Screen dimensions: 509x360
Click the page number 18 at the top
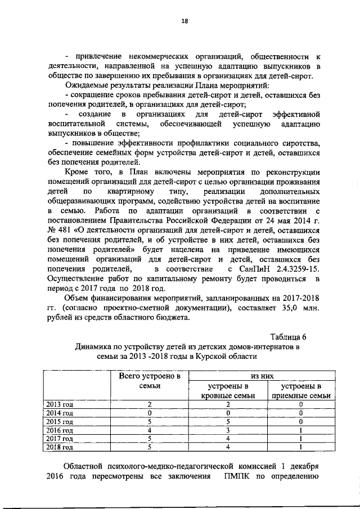coord(184,21)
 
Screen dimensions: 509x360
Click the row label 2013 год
coord(60,404)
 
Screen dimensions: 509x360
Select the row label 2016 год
coord(60,430)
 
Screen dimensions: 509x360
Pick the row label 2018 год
coord(60,448)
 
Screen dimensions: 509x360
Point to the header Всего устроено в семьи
coord(149,380)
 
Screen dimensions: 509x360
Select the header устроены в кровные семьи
coord(228,391)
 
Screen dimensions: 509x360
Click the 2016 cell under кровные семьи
coord(228,430)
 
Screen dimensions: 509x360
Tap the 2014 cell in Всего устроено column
coord(149,412)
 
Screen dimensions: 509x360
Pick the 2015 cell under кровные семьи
coord(228,421)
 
